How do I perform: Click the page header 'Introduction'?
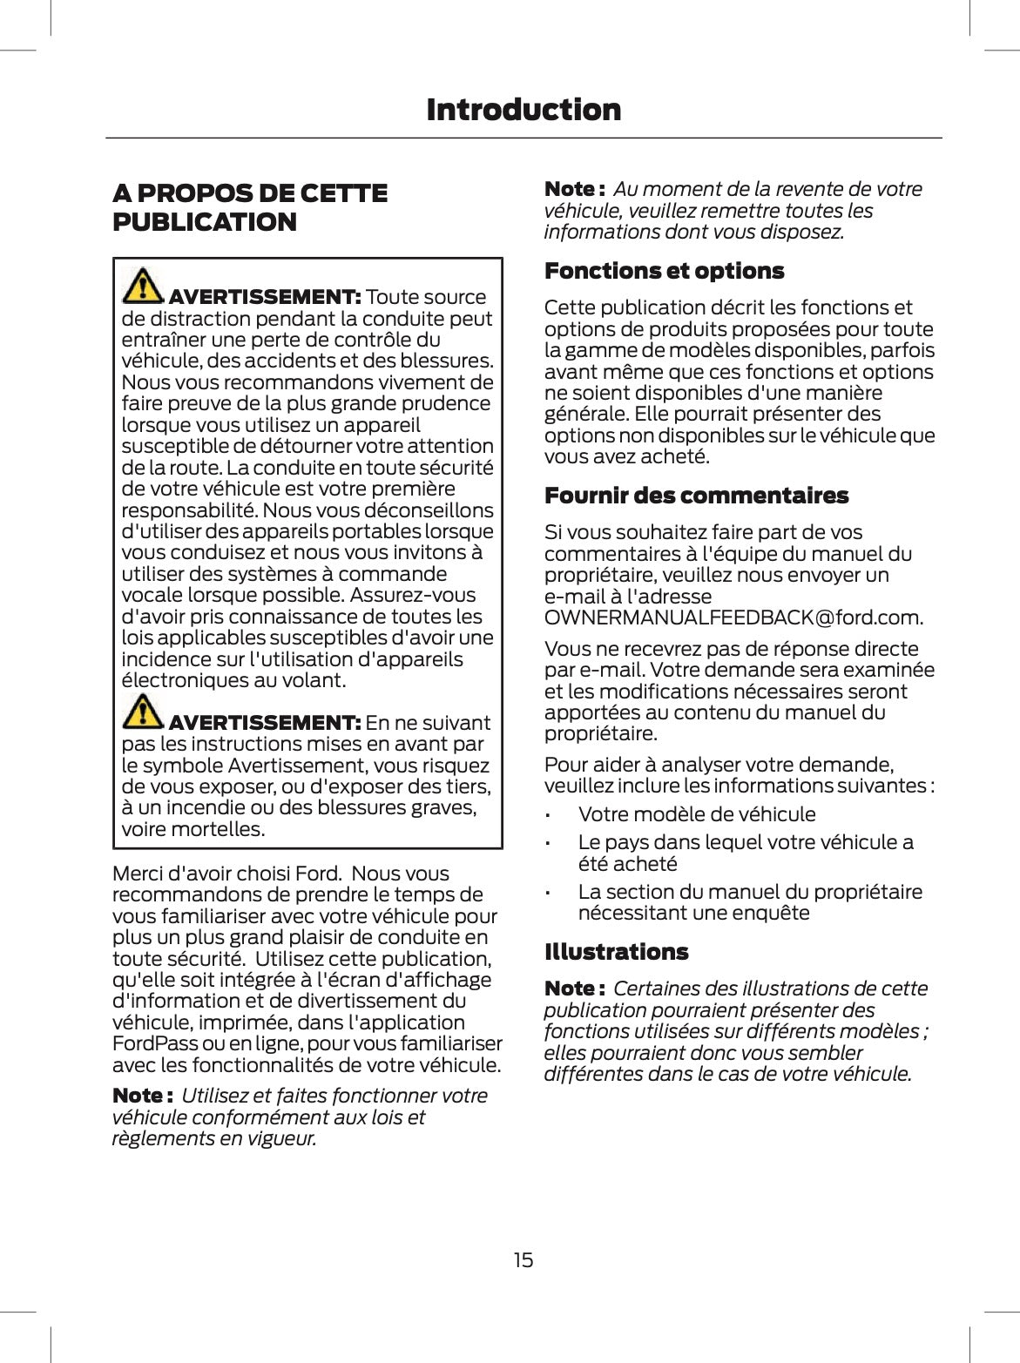[524, 110]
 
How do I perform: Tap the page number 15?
[523, 1259]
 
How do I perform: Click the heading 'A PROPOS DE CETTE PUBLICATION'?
[250, 207]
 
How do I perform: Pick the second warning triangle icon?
[143, 711]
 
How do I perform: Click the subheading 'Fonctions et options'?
[664, 271]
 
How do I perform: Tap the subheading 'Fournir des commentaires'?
[695, 496]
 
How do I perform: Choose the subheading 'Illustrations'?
[616, 952]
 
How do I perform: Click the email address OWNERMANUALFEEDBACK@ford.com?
[733, 617]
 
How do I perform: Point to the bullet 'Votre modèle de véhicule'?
[697, 814]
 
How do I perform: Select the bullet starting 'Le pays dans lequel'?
[745, 853]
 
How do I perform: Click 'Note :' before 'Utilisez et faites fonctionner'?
[142, 1096]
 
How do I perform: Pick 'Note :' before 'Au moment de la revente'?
[574, 189]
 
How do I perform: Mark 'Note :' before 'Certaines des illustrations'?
[574, 989]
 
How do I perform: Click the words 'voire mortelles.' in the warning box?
[193, 829]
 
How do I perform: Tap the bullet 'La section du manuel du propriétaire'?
[749, 902]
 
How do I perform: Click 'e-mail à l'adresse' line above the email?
[627, 597]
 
